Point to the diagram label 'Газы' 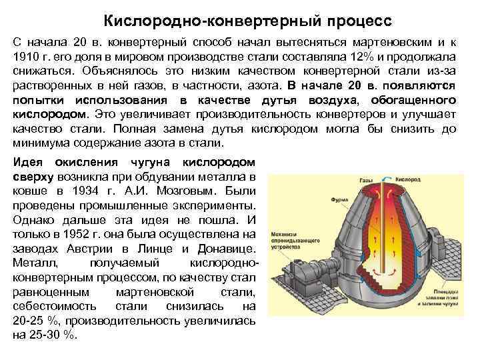click(x=366, y=180)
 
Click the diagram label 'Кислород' click(x=407, y=180)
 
